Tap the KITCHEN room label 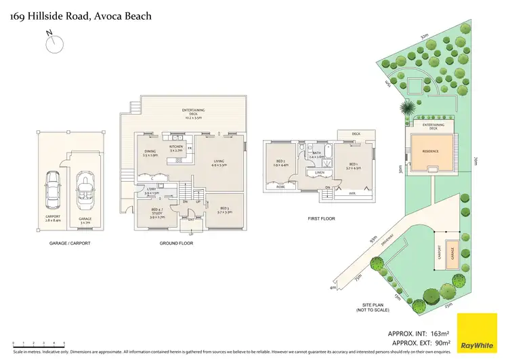(x=176, y=148)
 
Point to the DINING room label (x=150, y=153)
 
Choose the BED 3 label (x=225, y=210)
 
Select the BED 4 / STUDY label (x=156, y=213)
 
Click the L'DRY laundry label (x=152, y=192)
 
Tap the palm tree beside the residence (x=407, y=108)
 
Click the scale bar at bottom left (x=34, y=344)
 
